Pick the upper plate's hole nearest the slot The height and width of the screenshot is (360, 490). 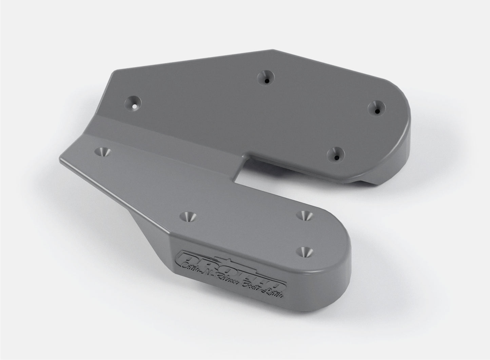tap(336, 155)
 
